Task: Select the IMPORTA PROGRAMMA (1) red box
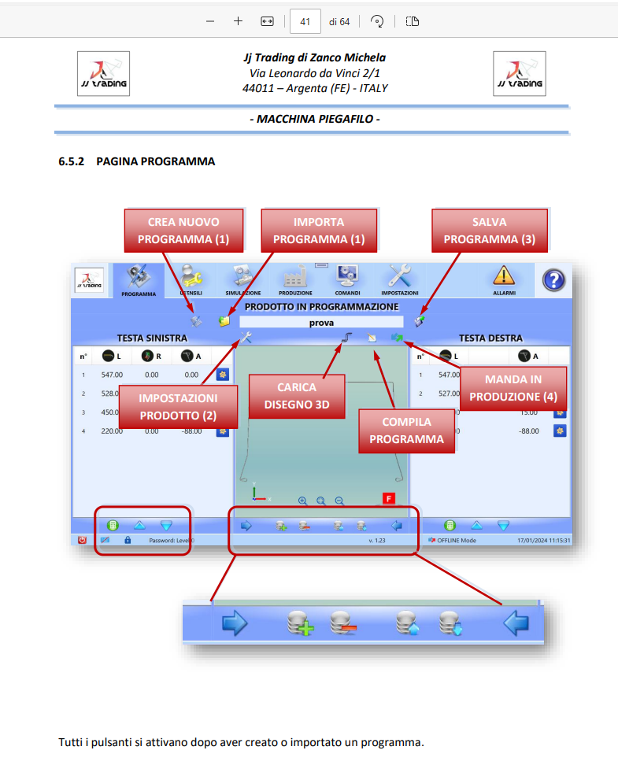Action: coord(318,231)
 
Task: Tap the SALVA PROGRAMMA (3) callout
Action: coord(489,231)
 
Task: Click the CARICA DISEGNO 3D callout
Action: coord(297,397)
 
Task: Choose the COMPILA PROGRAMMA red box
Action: coord(406,431)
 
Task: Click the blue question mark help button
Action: coord(554,279)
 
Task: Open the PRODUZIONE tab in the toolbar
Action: coord(295,279)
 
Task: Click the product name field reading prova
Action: coord(320,322)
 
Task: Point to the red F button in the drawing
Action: coord(388,498)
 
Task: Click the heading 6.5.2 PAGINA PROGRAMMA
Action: coord(136,161)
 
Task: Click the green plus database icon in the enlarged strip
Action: coord(300,624)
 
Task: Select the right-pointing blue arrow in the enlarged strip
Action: coord(235,624)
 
